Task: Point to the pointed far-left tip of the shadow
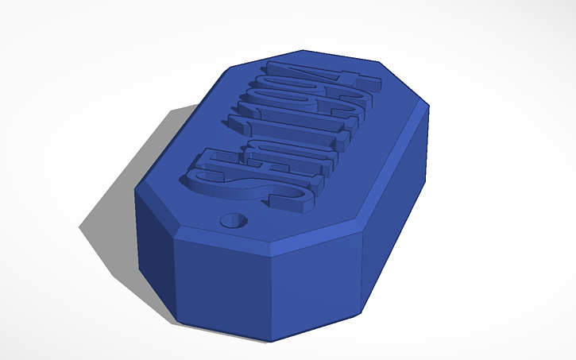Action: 80,227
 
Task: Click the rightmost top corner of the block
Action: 429,103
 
